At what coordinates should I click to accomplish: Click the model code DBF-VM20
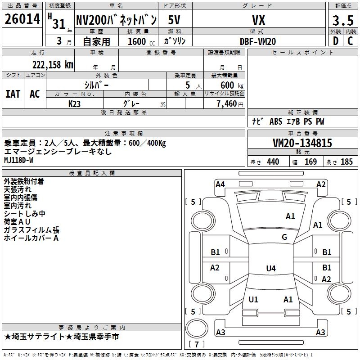258,41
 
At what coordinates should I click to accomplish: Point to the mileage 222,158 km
52,65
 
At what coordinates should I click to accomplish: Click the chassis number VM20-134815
302,143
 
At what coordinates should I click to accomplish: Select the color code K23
75,103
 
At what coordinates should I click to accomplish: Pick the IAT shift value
13,94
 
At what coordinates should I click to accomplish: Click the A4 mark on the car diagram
220,184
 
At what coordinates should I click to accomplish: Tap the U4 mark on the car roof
270,269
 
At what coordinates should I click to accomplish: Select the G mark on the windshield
284,237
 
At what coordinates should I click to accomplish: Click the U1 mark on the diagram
253,299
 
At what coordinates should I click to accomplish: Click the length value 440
273,162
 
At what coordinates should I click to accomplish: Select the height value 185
346,162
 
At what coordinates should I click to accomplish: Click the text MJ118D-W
19,160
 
